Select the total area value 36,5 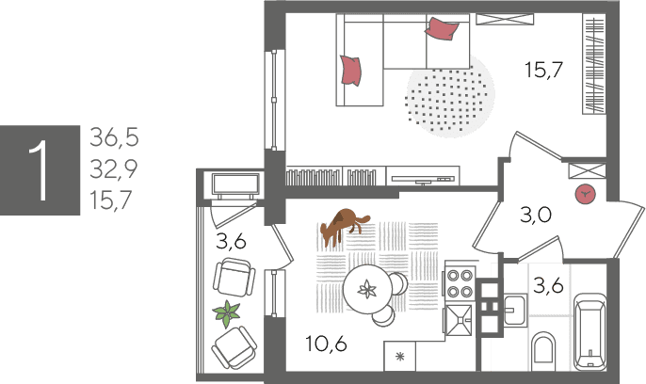point(115,137)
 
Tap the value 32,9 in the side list point(114,168)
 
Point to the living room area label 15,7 point(544,69)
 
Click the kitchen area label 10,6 point(326,344)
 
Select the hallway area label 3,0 point(536,215)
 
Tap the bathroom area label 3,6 point(548,285)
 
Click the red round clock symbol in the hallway point(586,194)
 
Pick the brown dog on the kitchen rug point(344,226)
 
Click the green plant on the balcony point(226,313)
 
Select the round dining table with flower point(367,289)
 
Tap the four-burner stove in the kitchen point(460,284)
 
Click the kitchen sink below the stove point(459,320)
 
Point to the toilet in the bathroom point(543,352)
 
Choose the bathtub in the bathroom point(590,331)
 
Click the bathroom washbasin point(514,311)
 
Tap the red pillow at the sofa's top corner point(442,28)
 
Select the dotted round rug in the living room point(450,96)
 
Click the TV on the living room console point(423,179)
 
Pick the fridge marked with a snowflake point(399,357)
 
